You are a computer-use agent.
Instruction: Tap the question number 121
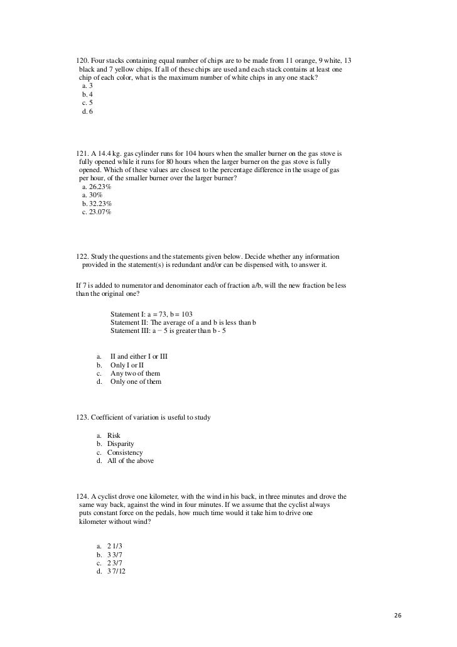(x=82, y=153)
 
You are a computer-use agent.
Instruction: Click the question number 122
(x=82, y=257)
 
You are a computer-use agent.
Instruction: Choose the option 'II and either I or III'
(x=138, y=356)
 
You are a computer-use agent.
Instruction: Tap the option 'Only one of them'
(x=136, y=381)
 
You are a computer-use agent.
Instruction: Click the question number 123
(x=82, y=418)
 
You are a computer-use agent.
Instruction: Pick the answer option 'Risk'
(x=114, y=435)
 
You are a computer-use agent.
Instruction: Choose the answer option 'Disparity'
(x=121, y=444)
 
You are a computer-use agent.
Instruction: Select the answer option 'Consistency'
(x=125, y=452)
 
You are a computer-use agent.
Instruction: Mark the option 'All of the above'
(x=130, y=461)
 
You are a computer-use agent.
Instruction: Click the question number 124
(x=82, y=497)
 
